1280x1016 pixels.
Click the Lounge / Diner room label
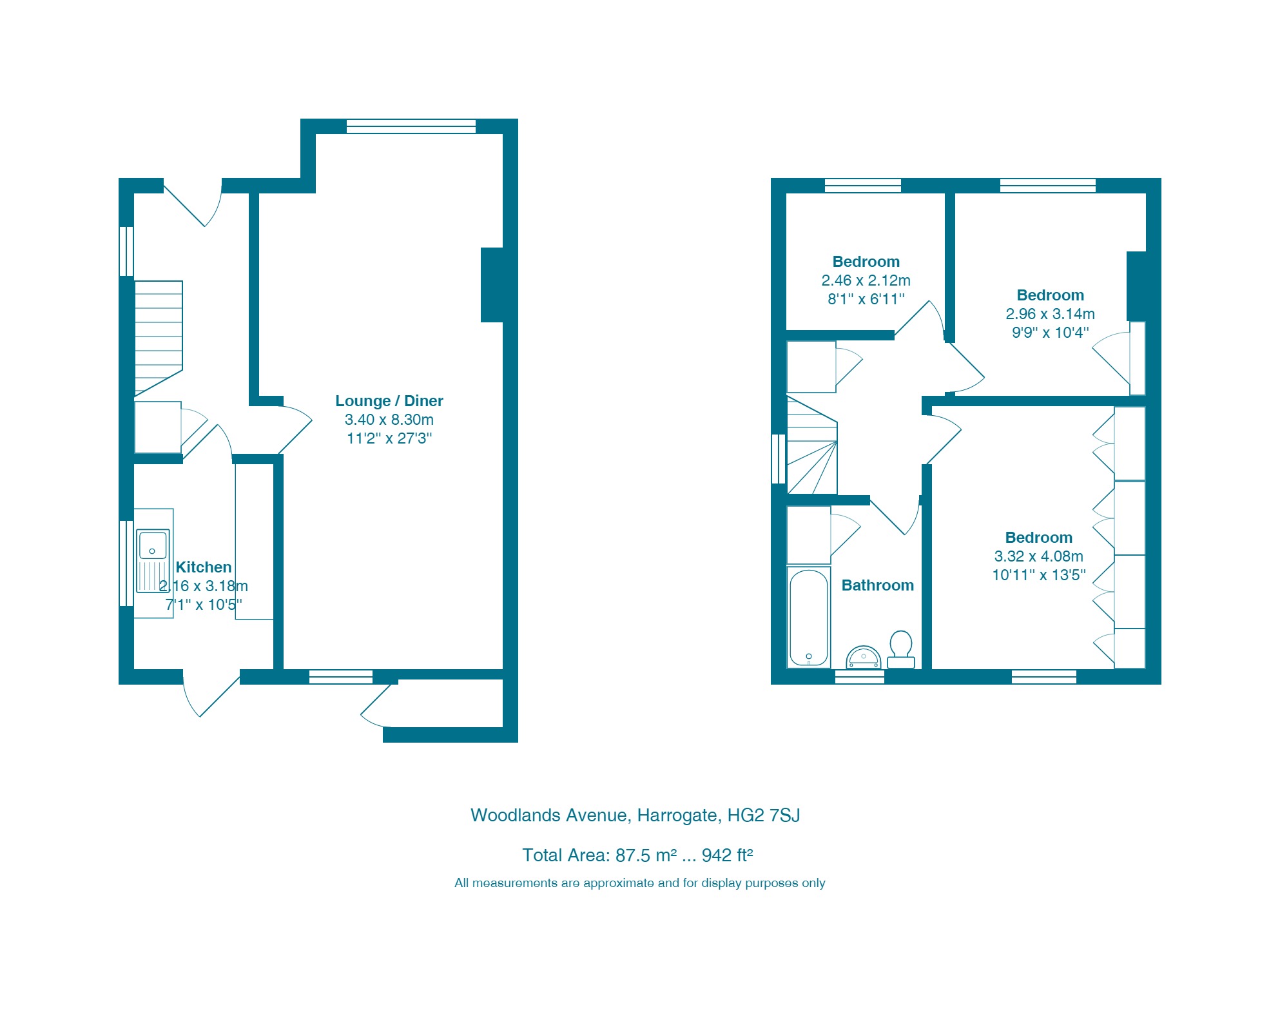point(389,401)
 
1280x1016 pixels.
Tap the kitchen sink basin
point(153,545)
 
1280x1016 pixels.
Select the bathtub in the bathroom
point(808,617)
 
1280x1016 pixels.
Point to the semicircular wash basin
point(863,658)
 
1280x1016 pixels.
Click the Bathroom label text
point(877,585)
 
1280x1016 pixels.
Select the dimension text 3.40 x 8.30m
point(389,420)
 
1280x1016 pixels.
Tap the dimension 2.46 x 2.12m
point(866,280)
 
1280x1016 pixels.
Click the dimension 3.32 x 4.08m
point(1038,556)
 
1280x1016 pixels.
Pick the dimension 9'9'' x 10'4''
point(1050,333)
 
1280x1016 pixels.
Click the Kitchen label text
point(203,567)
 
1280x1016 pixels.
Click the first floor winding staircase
point(811,448)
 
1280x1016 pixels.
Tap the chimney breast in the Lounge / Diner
point(492,284)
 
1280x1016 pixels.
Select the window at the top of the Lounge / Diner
point(411,126)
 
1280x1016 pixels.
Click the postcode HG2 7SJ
point(763,816)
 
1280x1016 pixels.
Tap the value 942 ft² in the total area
point(727,855)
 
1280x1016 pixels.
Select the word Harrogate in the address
point(677,816)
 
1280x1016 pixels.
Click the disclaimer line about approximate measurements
point(639,883)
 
